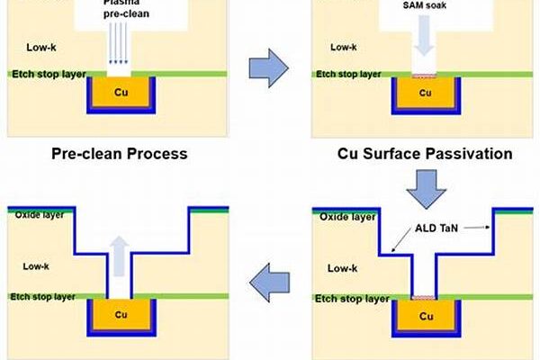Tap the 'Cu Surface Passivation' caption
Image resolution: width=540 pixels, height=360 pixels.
(x=425, y=153)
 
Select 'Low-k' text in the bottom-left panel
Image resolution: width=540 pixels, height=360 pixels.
(x=42, y=265)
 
